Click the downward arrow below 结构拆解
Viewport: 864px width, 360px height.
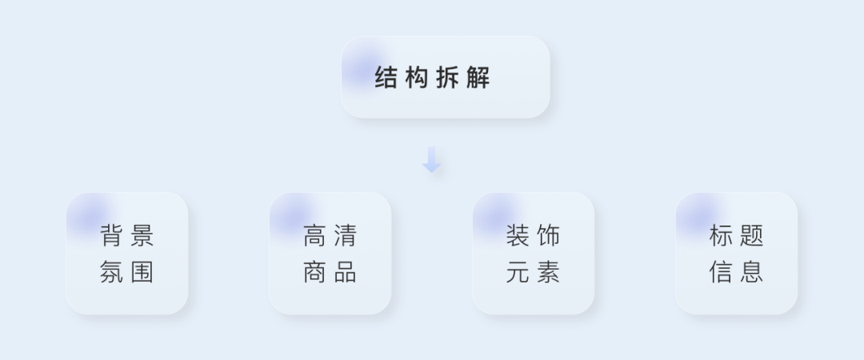pyautogui.click(x=431, y=159)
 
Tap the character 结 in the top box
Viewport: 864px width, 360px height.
pyautogui.click(x=386, y=77)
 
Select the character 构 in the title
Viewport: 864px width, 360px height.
pyautogui.click(x=417, y=77)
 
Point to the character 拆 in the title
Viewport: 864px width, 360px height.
pyautogui.click(x=447, y=77)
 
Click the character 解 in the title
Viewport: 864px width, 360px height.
pyautogui.click(x=478, y=77)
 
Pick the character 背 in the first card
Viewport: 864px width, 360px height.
pyautogui.click(x=111, y=235)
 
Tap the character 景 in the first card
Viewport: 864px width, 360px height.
pyautogui.click(x=142, y=235)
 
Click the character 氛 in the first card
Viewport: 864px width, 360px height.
pyautogui.click(x=111, y=272)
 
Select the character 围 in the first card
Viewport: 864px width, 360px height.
pyautogui.click(x=142, y=272)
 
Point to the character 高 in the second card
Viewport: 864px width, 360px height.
pyautogui.click(x=314, y=235)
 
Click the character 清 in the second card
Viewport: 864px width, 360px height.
pyautogui.click(x=346, y=235)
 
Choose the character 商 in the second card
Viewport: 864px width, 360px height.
pyautogui.click(x=314, y=272)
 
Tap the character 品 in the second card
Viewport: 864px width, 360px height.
pyautogui.click(x=346, y=272)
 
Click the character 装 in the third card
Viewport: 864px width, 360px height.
pyautogui.click(x=518, y=235)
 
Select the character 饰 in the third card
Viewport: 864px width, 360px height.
pyautogui.click(x=548, y=235)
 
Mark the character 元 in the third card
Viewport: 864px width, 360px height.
pyautogui.click(x=518, y=272)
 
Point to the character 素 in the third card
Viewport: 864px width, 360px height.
pyautogui.click(x=548, y=272)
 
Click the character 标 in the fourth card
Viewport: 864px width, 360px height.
pyautogui.click(x=721, y=235)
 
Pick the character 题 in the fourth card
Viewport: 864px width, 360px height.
pyautogui.click(x=751, y=235)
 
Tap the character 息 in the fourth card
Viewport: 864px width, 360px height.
pyautogui.click(x=751, y=272)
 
